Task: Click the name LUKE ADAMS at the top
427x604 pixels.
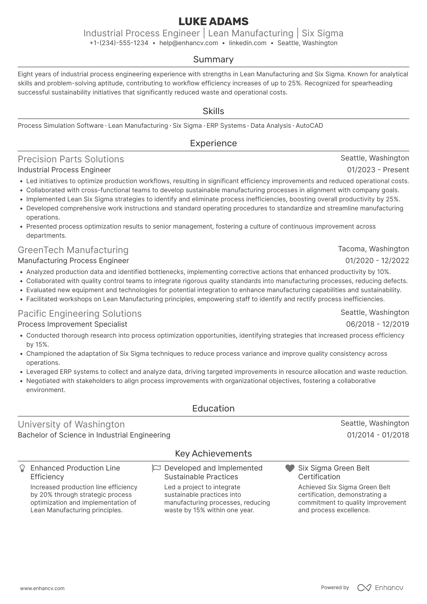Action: click(213, 21)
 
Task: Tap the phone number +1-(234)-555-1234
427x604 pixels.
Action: click(119, 43)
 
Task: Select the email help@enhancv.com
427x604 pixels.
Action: click(189, 43)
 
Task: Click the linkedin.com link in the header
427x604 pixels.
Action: click(247, 43)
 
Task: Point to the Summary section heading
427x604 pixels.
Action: click(213, 59)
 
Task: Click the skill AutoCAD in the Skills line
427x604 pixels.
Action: click(309, 126)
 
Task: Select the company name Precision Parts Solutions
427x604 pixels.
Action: click(71, 159)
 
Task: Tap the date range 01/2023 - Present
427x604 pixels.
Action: click(378, 170)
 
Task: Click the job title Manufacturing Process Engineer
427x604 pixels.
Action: click(73, 261)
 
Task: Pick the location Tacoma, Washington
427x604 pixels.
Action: click(373, 249)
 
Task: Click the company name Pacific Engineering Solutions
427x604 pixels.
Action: click(80, 314)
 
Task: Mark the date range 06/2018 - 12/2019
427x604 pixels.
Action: click(377, 324)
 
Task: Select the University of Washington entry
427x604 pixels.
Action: click(71, 424)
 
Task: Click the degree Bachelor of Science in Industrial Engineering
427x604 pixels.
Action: click(94, 435)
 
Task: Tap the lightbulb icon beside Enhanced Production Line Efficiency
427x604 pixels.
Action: click(22, 468)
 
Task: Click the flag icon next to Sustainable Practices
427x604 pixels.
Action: click(156, 468)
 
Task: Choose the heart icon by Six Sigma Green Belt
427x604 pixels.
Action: click(290, 468)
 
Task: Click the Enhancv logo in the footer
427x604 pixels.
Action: click(380, 588)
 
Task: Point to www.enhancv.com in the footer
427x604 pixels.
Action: click(42, 588)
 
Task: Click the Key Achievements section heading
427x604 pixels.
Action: click(213, 454)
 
